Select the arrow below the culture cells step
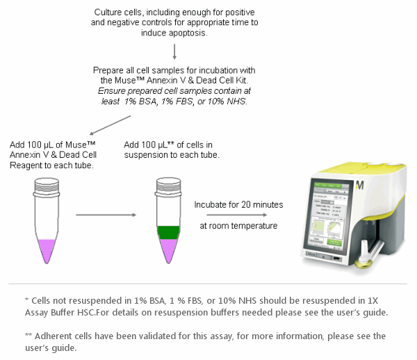click(174, 51)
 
